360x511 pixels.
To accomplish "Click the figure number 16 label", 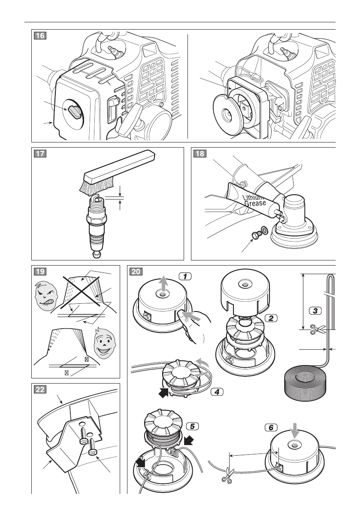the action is tap(40, 35).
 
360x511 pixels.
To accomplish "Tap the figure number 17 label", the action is tap(40, 153).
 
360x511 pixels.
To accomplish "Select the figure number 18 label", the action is tap(200, 153).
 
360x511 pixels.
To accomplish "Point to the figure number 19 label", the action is tap(40, 272).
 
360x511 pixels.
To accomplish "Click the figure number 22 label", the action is tap(40, 390).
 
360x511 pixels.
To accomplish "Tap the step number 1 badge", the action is tap(185, 276).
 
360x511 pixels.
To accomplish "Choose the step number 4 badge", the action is tap(217, 392).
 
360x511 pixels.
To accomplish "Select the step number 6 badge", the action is tap(271, 427).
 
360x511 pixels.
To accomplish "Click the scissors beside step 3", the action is tap(318, 330).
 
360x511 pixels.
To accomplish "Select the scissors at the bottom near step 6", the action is tap(227, 475).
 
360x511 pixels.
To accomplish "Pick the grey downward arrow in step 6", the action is tap(295, 430).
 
